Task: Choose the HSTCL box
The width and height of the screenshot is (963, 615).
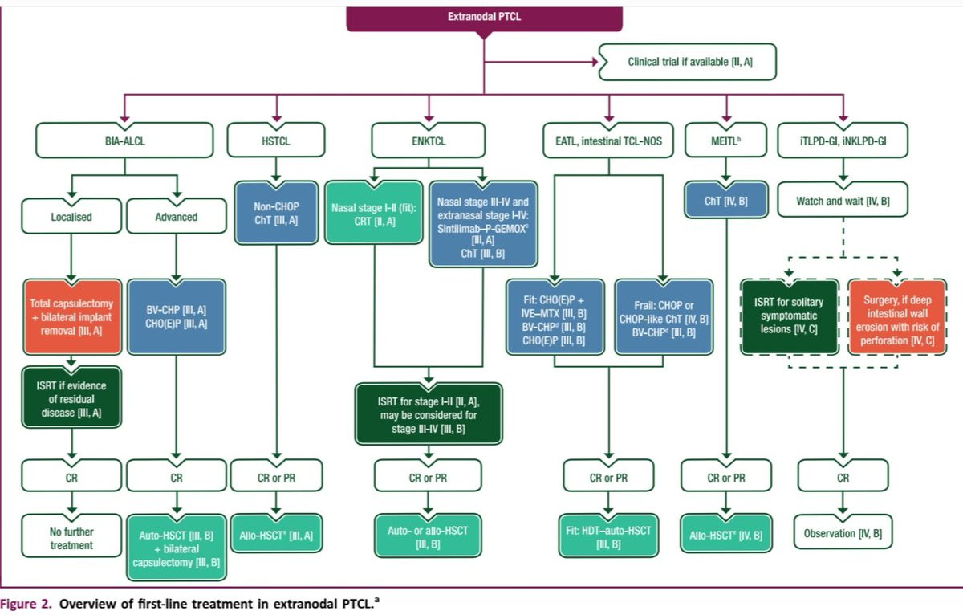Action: [x=275, y=141]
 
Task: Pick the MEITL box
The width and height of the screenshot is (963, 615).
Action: [x=726, y=141]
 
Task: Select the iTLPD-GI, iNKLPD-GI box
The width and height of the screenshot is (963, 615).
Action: [x=843, y=141]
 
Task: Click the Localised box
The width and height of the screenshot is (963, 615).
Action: [x=71, y=217]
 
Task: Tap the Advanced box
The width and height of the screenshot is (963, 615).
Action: [x=177, y=217]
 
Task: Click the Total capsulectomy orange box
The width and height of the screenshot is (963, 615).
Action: [x=71, y=317]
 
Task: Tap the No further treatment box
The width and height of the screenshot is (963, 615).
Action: [x=71, y=539]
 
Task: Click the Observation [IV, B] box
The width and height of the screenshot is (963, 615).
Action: [x=843, y=533]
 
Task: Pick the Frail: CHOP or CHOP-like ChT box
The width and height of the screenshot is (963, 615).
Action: [x=663, y=316]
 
